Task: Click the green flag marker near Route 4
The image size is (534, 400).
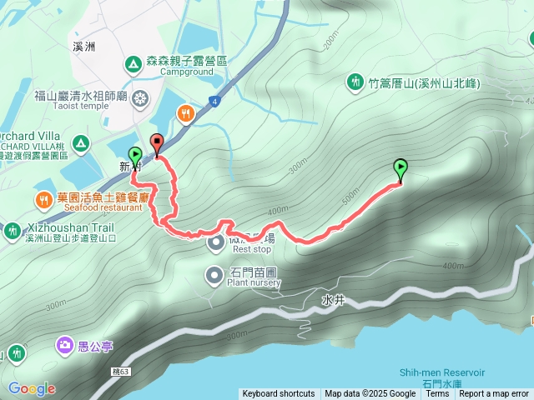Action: coord(135,156)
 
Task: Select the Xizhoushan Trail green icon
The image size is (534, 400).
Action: coord(13,230)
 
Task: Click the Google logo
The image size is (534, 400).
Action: coord(32,388)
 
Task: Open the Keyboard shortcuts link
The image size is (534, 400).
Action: coord(279,394)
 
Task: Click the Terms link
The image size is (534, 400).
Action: coord(437,394)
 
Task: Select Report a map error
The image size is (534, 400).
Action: coord(494,394)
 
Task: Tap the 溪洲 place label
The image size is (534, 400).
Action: coord(83,47)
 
